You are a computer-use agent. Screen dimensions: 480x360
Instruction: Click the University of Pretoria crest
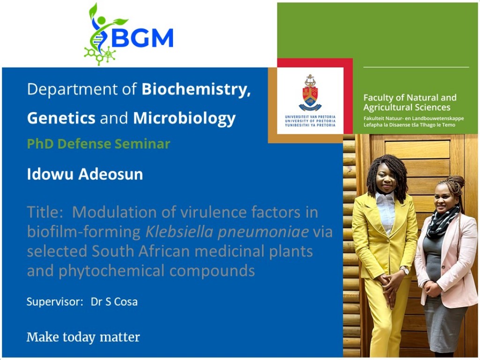310,92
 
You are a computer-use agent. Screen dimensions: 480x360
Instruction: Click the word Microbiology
184,118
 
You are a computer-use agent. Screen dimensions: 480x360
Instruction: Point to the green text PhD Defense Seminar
98,143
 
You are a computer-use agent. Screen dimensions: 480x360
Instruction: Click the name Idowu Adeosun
85,174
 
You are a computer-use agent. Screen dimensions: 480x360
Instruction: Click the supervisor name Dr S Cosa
114,301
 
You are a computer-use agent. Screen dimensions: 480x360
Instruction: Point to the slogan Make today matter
83,337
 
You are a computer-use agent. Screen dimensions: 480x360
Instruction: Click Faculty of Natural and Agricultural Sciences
410,102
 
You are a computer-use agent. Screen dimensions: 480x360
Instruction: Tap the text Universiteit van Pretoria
310,117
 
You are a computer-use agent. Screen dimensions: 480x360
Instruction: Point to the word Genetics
61,118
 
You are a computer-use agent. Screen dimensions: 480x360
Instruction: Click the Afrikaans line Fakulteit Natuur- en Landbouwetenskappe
413,118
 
